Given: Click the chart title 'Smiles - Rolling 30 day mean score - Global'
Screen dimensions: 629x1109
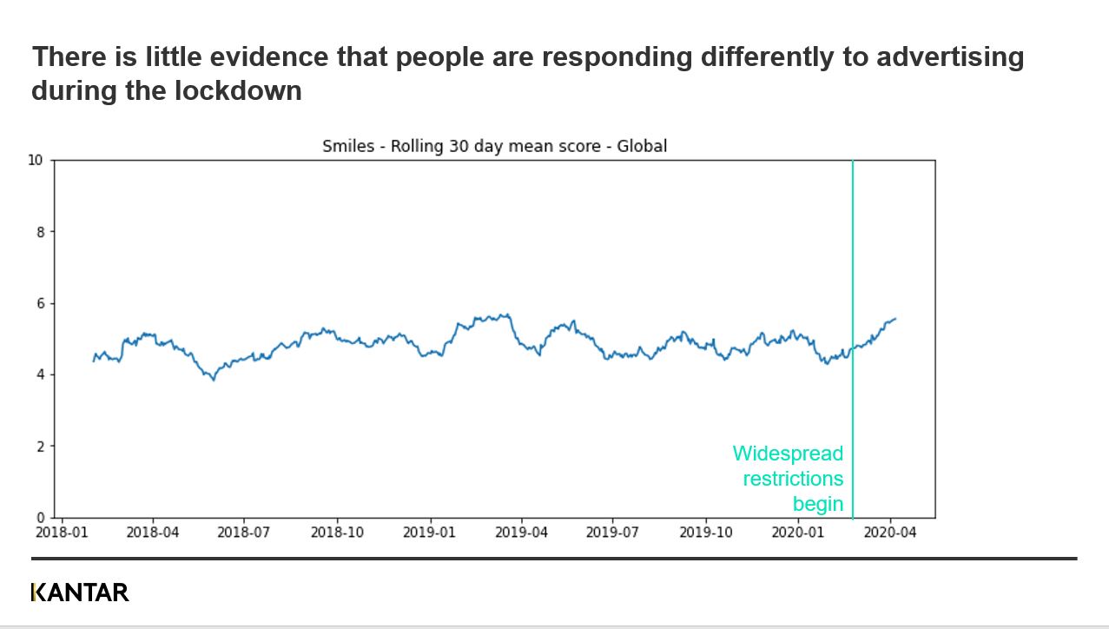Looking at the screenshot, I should pos(494,146).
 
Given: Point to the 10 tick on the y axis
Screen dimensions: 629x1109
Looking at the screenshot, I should pos(35,160).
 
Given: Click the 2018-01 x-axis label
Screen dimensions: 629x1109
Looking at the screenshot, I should pos(61,532).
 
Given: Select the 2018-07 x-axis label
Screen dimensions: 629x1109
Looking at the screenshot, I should pos(244,532).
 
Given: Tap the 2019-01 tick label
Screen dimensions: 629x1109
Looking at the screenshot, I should pos(429,532).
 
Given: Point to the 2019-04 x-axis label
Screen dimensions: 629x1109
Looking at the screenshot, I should pos(521,532).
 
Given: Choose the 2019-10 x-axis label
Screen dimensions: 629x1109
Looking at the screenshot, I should pos(706,532).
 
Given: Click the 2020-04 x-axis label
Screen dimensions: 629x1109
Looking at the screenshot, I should pos(890,532).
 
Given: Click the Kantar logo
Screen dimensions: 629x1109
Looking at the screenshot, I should pos(80,593).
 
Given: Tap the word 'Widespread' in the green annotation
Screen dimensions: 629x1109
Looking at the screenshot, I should pos(788,454).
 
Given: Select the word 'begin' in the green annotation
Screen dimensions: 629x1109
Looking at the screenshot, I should pos(818,504).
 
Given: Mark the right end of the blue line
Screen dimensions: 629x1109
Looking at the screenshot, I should pos(895,319).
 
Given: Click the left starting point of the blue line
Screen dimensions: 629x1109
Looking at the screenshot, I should pos(94,361).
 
